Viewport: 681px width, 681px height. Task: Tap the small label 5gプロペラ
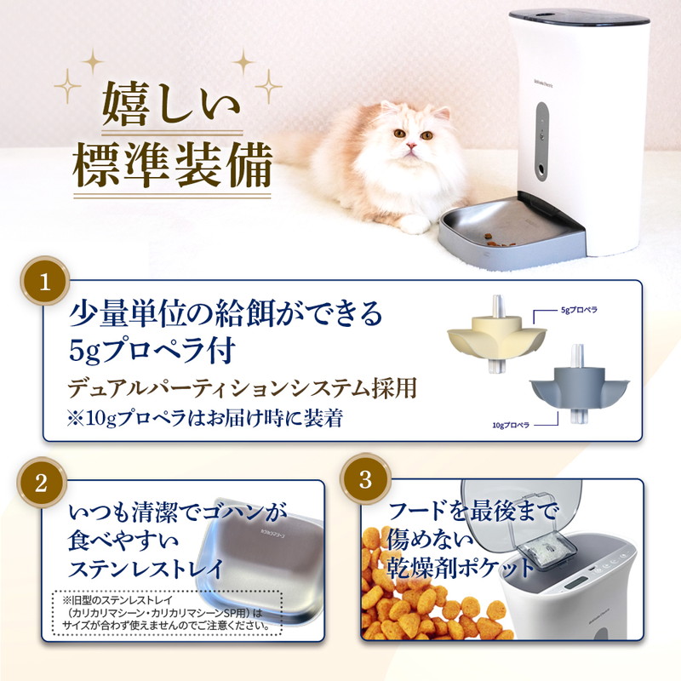(581, 312)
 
